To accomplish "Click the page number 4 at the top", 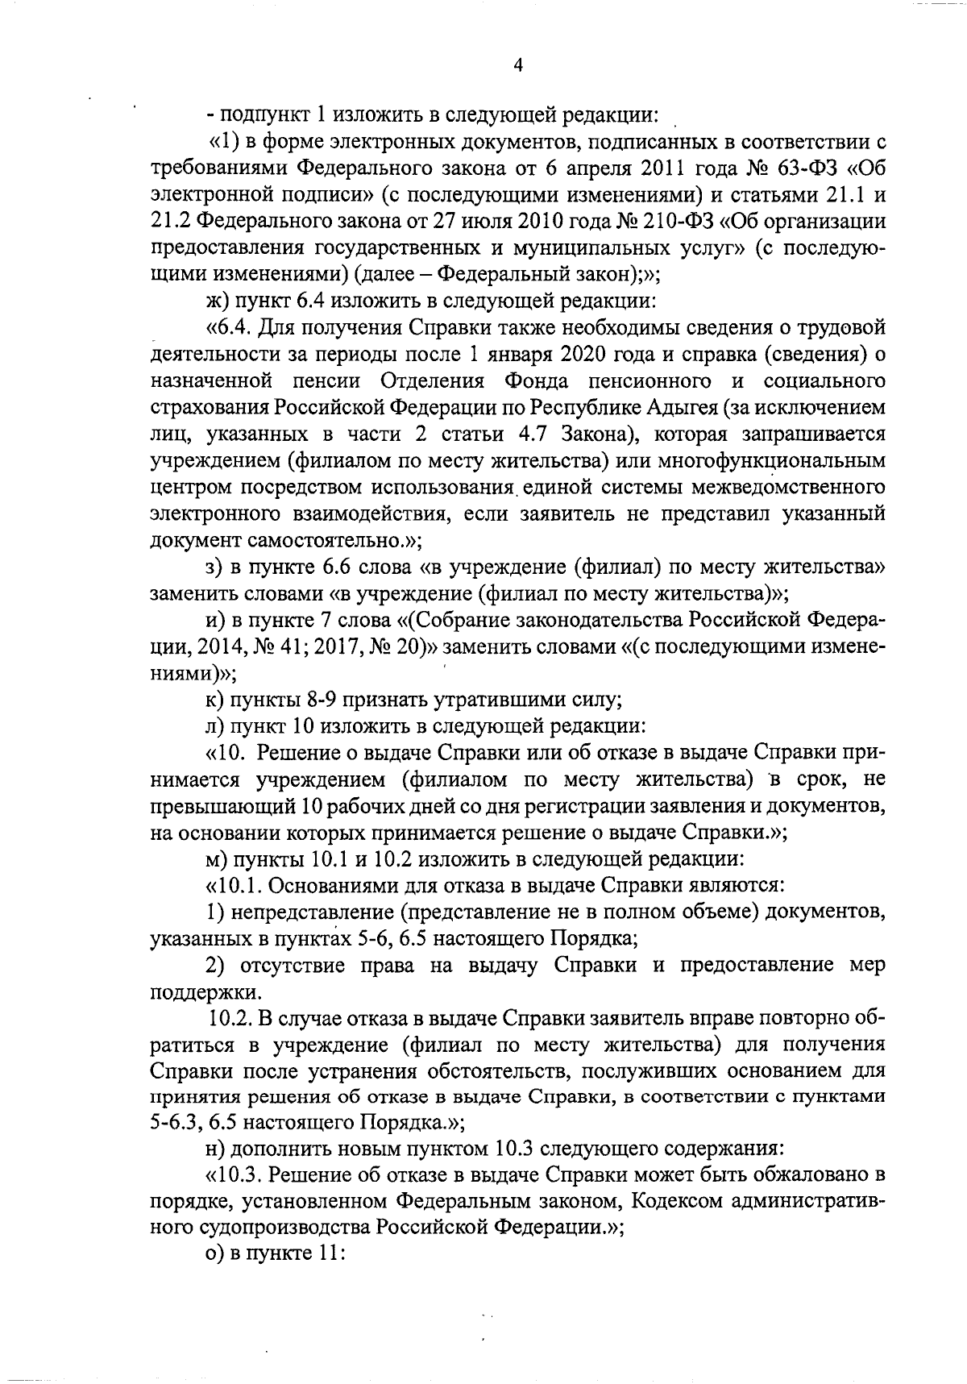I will pyautogui.click(x=518, y=66).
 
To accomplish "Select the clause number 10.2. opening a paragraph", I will pyautogui.click(x=229, y=1018).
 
